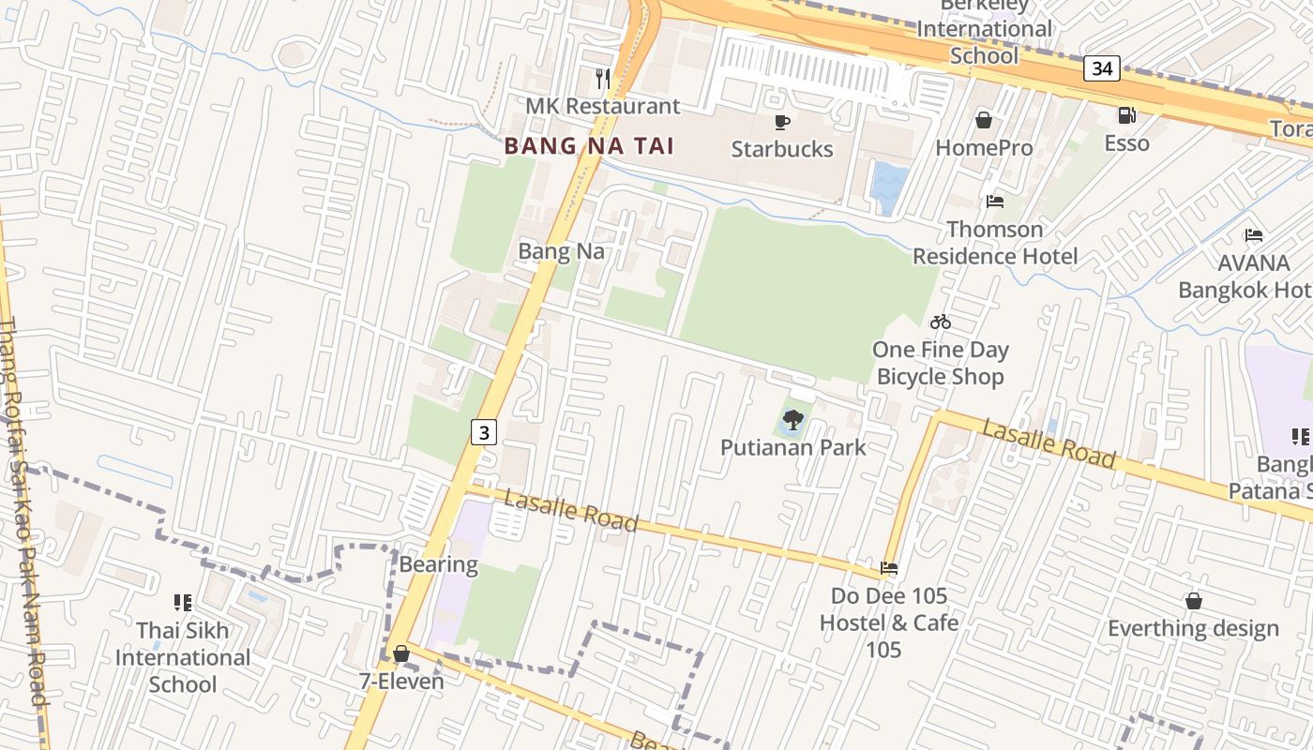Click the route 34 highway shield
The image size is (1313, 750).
pos(1102,68)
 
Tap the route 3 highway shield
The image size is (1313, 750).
pos(483,432)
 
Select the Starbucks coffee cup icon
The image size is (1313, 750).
pos(781,122)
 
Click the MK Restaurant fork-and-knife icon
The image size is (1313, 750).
pos(603,79)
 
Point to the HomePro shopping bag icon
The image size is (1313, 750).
pos(984,120)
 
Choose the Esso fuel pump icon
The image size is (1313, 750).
pos(1126,115)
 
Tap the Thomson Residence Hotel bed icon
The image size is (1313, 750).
pos(995,202)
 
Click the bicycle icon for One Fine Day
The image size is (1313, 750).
pos(941,322)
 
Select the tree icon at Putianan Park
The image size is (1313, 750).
pos(793,419)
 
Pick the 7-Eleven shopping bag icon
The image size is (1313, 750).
pos(401,653)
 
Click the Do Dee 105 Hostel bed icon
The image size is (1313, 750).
pos(889,568)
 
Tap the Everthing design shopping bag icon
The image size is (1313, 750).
pos(1194,601)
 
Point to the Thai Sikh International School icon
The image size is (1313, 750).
pos(183,603)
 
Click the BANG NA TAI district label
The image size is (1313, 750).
pos(589,146)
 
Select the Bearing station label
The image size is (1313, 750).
pos(438,564)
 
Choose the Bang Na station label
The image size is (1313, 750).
pos(561,251)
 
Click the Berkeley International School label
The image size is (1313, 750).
pos(984,30)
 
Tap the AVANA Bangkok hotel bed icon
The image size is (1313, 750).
pos(1254,235)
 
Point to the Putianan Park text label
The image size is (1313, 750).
pos(793,447)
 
